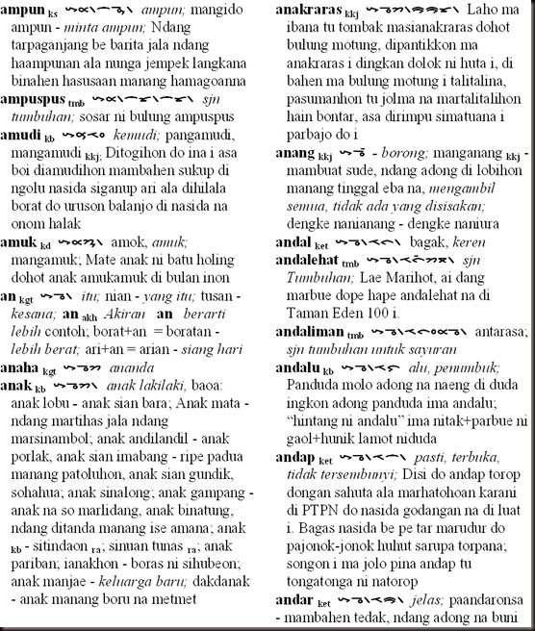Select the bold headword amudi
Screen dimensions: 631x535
pyautogui.click(x=25, y=134)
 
